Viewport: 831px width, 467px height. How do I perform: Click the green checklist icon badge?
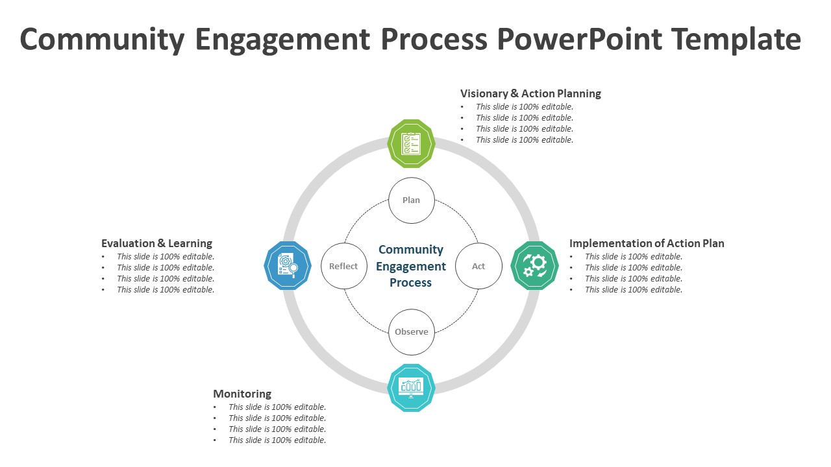411,144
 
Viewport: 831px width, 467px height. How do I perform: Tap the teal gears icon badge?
535,265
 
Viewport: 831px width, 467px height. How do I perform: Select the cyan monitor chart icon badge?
411,387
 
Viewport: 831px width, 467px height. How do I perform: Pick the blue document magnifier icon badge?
288,265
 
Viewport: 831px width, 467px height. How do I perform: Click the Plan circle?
411,200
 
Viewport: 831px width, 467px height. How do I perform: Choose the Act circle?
478,266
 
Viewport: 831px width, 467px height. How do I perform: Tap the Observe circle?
411,331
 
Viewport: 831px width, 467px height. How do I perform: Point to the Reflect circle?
343,266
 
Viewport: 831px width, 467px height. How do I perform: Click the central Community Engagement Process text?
411,266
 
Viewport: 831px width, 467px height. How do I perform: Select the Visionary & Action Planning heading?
530,93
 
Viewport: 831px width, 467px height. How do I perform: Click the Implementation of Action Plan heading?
647,243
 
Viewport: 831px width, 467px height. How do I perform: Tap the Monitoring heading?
242,394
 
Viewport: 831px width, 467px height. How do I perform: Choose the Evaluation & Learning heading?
156,243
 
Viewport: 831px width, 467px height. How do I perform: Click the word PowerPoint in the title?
580,40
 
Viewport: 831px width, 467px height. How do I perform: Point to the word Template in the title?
736,40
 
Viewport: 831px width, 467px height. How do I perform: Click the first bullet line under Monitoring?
277,407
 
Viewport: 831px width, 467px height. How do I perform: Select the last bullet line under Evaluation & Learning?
166,290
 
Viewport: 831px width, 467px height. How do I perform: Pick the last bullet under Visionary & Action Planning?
525,140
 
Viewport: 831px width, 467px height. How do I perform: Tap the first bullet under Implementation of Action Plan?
634,257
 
